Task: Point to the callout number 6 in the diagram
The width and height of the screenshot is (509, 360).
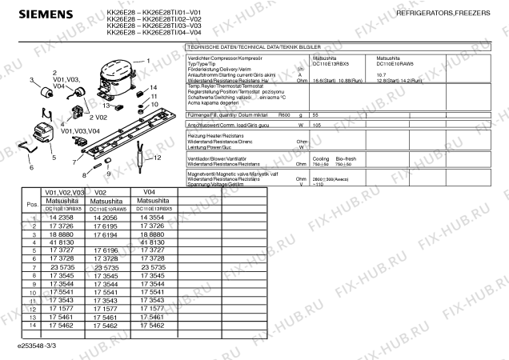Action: tap(31, 168)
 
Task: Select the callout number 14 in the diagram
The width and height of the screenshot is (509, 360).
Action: tap(153, 87)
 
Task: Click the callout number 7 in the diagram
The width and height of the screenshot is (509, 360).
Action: tap(74, 162)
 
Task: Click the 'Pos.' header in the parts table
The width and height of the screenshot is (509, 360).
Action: tap(33, 205)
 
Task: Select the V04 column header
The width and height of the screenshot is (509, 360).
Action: tap(148, 193)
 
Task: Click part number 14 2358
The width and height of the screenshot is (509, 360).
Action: tap(62, 218)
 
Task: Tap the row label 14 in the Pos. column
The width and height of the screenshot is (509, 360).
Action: tap(33, 326)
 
